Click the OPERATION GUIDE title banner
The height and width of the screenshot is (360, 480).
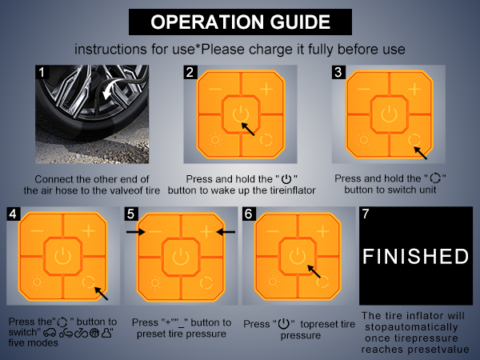point(240,22)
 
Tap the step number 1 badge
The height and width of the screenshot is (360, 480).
point(42,72)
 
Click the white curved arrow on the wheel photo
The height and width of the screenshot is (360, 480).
point(111,89)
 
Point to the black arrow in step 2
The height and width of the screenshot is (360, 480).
point(248,129)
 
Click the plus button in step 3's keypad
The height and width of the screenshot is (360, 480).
point(414,90)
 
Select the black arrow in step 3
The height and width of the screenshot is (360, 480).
point(421,153)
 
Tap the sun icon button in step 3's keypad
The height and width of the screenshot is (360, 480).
point(364,140)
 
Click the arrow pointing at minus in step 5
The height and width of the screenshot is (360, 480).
point(136,232)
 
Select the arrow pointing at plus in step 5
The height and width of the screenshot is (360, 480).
point(226,232)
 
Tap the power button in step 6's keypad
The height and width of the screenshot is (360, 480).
point(298,256)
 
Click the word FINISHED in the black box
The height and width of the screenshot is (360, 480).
point(415,256)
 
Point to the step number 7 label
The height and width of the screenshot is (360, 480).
point(366,214)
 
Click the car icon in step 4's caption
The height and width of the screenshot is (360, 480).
point(50,333)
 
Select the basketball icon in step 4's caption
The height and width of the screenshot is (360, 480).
point(94,333)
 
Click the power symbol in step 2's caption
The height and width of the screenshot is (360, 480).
point(286,178)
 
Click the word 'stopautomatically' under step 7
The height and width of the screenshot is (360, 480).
point(411,327)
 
